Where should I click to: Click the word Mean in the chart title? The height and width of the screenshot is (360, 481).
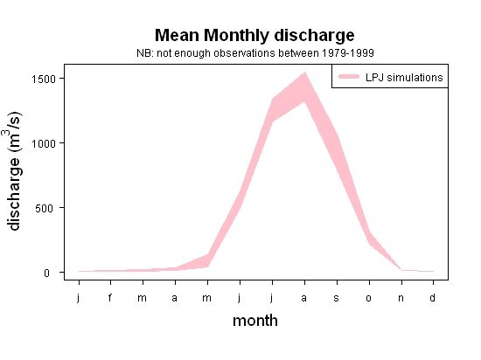coord(177,35)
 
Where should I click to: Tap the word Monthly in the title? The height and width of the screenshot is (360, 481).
coord(236,36)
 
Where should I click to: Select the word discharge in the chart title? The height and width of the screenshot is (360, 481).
coord(314,36)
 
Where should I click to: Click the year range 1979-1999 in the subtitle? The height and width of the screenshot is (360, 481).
coord(348,53)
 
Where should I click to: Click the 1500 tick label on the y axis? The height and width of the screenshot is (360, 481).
coord(44,79)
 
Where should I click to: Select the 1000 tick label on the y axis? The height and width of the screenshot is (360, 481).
coord(44,143)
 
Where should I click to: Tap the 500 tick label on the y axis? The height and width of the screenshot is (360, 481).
coord(45,208)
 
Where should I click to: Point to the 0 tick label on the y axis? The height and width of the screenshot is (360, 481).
coord(46,273)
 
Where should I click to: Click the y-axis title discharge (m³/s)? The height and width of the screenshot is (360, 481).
coord(13,171)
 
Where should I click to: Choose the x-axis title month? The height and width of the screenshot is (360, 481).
coord(255,321)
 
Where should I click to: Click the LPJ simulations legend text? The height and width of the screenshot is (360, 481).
coord(404,78)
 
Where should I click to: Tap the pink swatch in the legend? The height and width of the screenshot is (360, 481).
coord(349,77)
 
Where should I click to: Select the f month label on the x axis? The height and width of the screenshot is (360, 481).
coord(110,297)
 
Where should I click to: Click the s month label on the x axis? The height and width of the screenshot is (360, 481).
coord(336,298)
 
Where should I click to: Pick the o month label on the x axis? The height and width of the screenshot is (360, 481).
coord(369,298)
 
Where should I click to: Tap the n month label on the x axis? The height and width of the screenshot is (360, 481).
coord(401,298)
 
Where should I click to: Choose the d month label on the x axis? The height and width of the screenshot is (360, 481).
coord(432,297)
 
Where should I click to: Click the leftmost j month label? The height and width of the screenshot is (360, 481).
coord(78,298)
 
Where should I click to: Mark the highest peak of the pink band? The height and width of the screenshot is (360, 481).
coord(304,73)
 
